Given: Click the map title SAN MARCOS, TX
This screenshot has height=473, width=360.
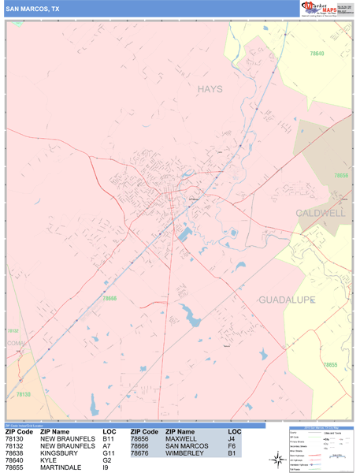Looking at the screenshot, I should [32, 8].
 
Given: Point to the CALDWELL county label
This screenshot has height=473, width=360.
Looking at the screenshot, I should [321, 214].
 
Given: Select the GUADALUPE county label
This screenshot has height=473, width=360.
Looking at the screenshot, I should [287, 300].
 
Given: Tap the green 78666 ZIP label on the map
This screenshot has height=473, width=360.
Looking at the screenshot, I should [109, 299].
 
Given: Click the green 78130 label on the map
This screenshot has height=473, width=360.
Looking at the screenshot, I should [24, 393].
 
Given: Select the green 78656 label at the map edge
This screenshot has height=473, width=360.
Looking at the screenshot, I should [341, 176].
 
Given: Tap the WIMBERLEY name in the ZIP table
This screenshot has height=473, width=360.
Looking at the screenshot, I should [184, 453].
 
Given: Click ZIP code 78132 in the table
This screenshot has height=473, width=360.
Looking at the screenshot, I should [18, 446].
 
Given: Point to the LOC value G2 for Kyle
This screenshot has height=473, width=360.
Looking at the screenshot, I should [107, 460].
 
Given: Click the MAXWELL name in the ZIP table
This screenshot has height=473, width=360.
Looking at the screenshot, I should [181, 439].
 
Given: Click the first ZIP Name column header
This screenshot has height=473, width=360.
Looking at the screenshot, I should [55, 432].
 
